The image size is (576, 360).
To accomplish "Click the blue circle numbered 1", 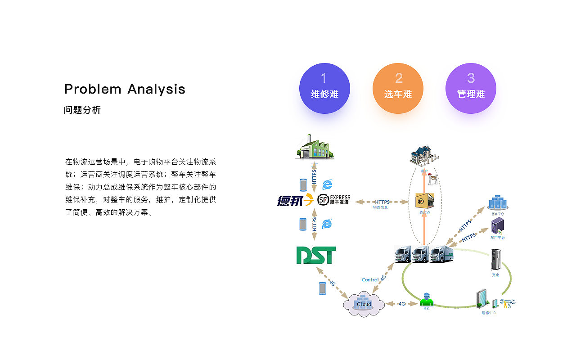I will (324, 88).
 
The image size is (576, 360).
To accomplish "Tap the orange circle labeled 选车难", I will (398, 88).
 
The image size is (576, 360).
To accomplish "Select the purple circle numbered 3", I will (471, 88).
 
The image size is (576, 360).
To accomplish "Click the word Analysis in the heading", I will (156, 89).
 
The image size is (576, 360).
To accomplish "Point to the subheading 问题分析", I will (82, 110).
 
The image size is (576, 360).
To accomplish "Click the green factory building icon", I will (314, 147).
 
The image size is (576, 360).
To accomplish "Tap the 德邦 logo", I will (295, 200).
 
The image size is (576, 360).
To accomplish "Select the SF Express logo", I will (333, 200).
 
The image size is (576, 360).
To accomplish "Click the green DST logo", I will (316, 255).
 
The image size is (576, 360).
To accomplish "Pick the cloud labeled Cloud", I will (364, 305).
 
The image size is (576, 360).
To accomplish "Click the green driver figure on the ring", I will (426, 299).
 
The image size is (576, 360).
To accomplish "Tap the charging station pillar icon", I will (495, 260).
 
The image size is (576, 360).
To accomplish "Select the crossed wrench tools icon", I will (508, 303).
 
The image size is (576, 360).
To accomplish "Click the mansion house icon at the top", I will (423, 156).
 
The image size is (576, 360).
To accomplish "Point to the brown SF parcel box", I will (424, 201).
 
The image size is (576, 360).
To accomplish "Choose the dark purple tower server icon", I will (497, 225).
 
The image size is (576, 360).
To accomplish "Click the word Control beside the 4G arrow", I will (370, 280).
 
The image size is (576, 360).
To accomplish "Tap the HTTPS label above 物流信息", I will (382, 202).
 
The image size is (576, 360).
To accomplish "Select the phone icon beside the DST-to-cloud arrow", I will (322, 288).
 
